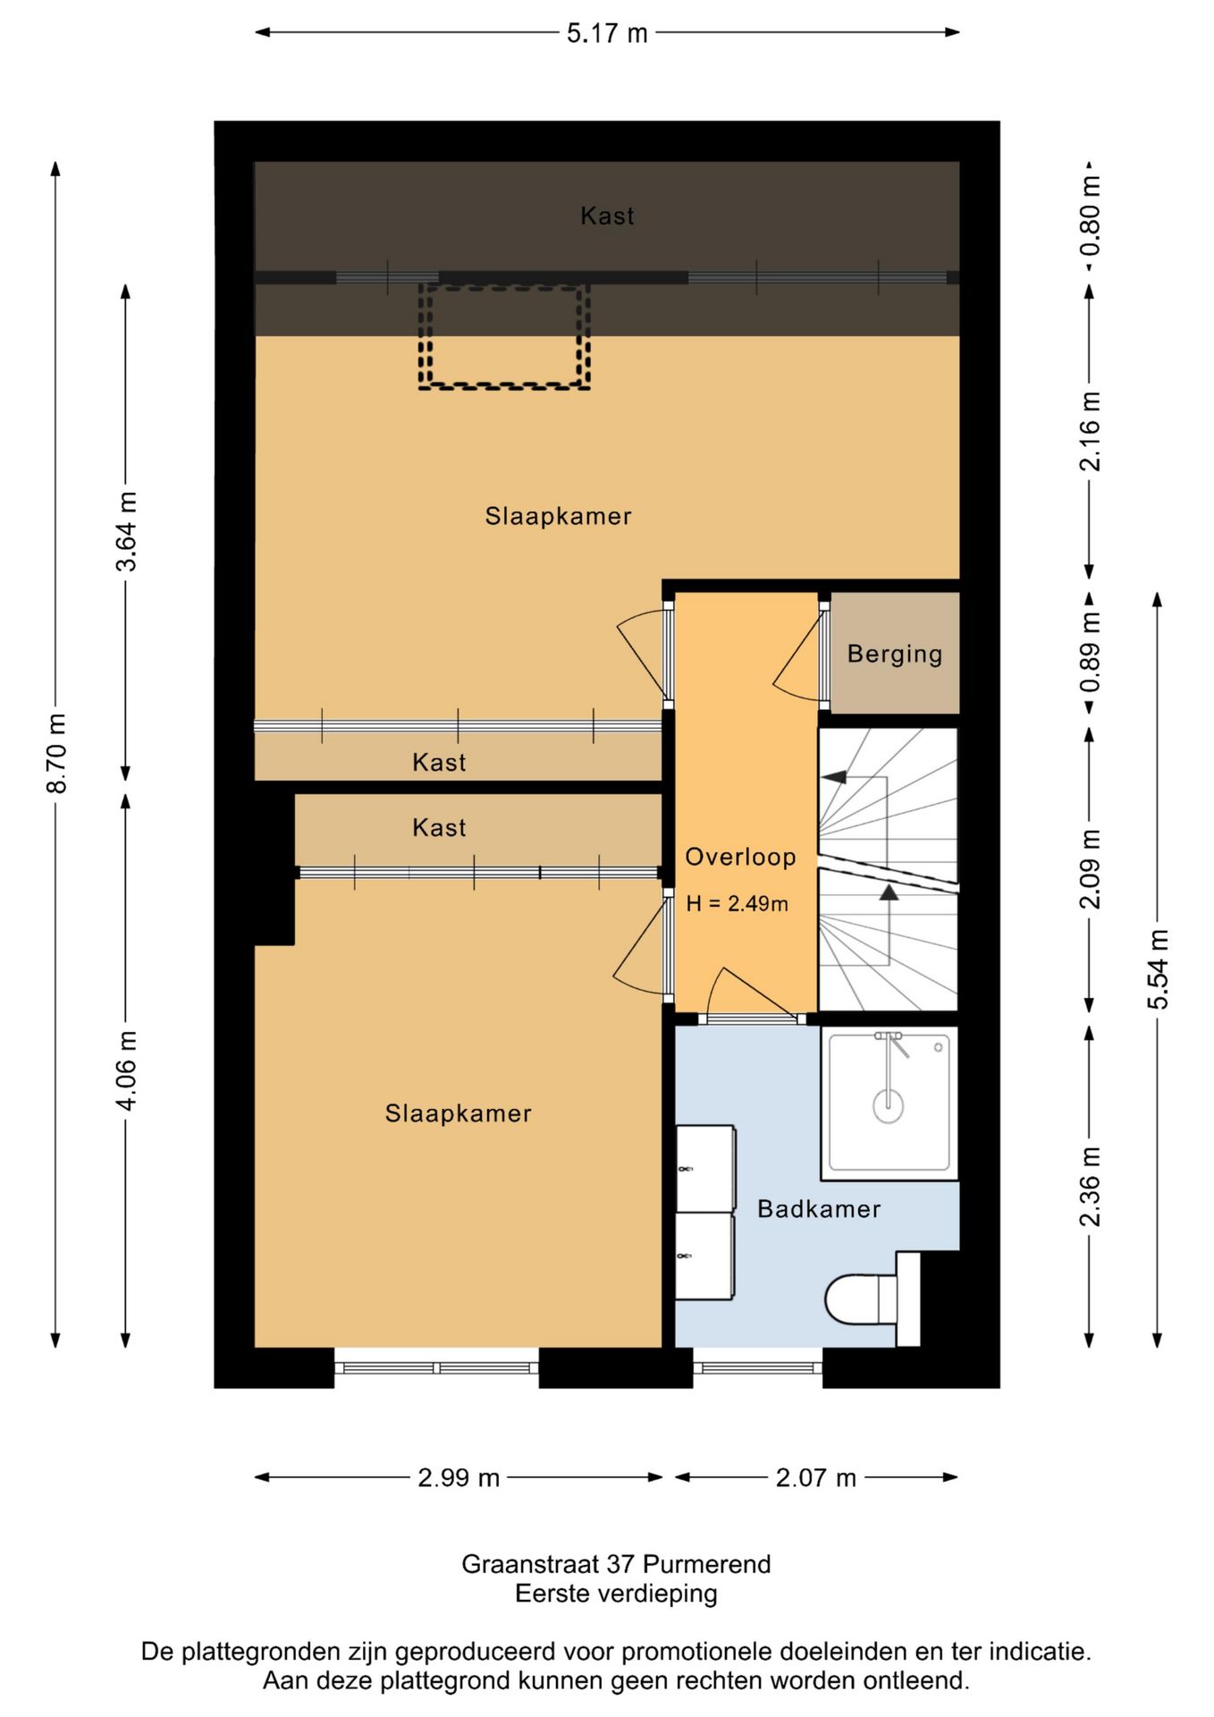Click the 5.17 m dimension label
607,33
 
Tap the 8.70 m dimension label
55,753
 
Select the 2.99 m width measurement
459,1477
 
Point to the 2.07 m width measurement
815,1477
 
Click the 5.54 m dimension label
1158,969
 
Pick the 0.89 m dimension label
1090,653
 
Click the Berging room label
895,654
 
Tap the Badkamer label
819,1209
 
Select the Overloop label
740,857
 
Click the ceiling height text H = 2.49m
738,904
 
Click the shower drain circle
888,1106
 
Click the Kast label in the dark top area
607,216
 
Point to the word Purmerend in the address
706,1564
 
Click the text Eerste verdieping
616,1594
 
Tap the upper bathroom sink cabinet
705,1168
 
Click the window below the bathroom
758,1367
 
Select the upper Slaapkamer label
558,516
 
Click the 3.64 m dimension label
126,531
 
